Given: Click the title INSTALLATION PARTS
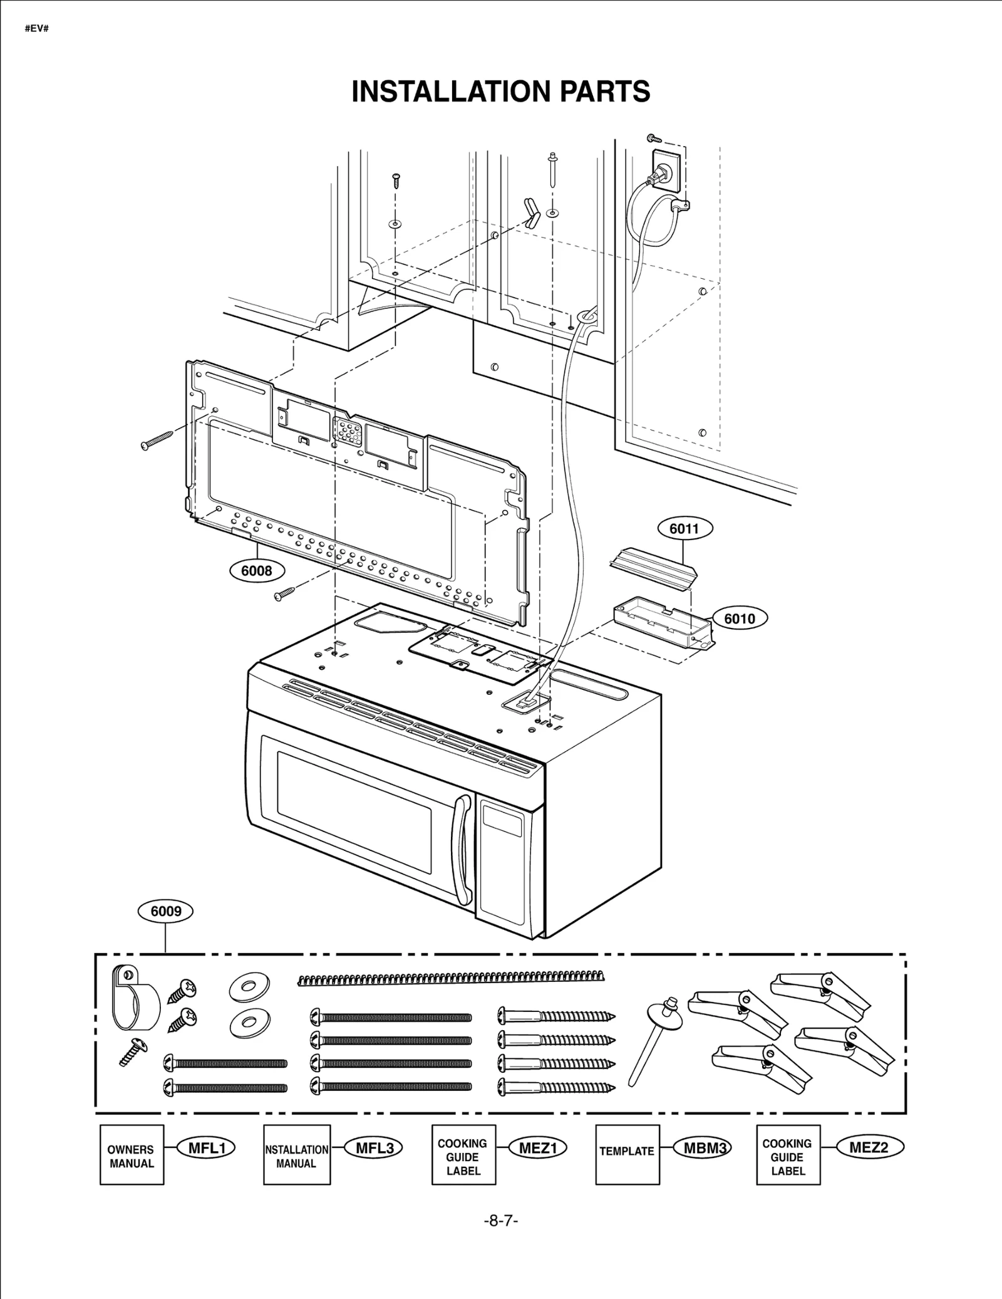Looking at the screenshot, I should click(x=500, y=91).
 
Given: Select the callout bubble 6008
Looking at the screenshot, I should click(x=256, y=571).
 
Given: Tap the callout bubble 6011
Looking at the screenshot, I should click(x=684, y=528).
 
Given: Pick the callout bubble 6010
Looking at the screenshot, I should click(x=740, y=618).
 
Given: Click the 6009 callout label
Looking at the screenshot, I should click(x=165, y=911).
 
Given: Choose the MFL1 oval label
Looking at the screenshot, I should click(x=207, y=1148).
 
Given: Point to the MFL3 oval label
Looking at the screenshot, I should click(x=374, y=1148).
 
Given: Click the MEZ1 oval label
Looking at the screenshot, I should click(x=538, y=1148).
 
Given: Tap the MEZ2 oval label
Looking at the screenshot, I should click(x=868, y=1148).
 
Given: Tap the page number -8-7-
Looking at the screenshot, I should click(x=500, y=1221).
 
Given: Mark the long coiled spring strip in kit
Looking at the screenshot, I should click(x=451, y=978).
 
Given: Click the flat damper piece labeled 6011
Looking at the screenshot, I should click(x=653, y=568).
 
